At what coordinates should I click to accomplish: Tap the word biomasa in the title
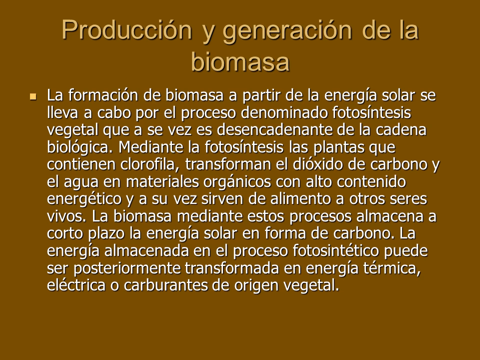pos(240,62)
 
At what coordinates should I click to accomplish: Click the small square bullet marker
pos(33,96)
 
